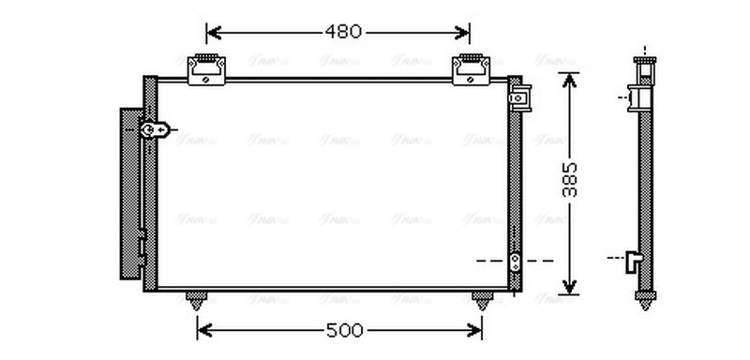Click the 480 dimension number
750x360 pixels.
tap(343, 32)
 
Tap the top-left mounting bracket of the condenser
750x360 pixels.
tap(207, 68)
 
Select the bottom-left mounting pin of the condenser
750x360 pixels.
tap(197, 301)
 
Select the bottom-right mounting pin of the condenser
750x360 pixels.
tap(482, 301)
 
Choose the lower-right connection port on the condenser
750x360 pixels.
tap(515, 261)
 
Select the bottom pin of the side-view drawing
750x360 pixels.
tap(644, 301)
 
